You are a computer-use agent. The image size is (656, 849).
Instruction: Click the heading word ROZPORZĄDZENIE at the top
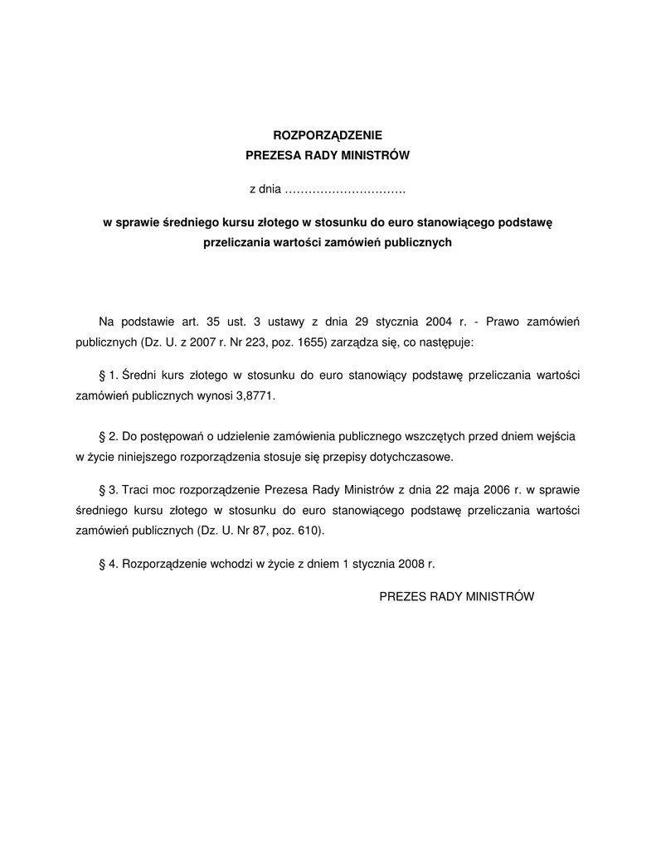(x=328, y=133)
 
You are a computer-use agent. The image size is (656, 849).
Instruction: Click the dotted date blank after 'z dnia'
(x=344, y=190)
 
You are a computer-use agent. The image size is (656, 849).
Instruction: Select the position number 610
(x=311, y=529)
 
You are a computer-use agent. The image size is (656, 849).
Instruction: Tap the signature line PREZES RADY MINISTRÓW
(x=457, y=595)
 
